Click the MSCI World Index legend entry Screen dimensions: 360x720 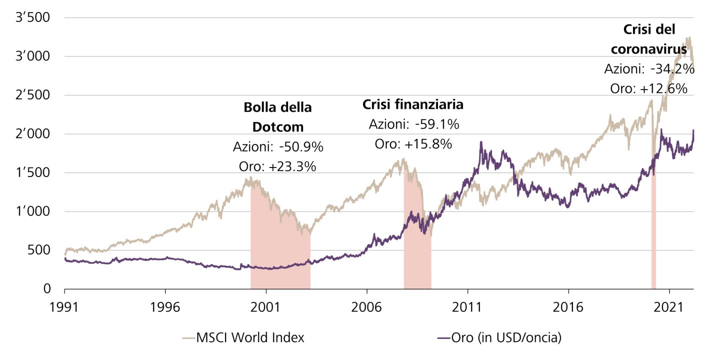pyautogui.click(x=250, y=338)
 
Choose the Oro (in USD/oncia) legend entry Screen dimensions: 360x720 pyautogui.click(x=505, y=338)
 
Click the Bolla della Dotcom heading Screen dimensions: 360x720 pyautogui.click(x=277, y=117)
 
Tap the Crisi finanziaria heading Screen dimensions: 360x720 pyautogui.click(x=412, y=105)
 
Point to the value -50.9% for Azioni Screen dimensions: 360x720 pyautogui.click(x=301, y=147)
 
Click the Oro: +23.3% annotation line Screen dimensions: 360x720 pyautogui.click(x=277, y=166)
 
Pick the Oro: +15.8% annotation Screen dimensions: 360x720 pyautogui.click(x=413, y=144)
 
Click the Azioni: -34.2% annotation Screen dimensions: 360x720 pyautogui.click(x=649, y=69)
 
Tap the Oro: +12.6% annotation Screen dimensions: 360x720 pyautogui.click(x=649, y=88)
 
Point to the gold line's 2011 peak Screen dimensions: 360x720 pyautogui.click(x=481, y=142)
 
